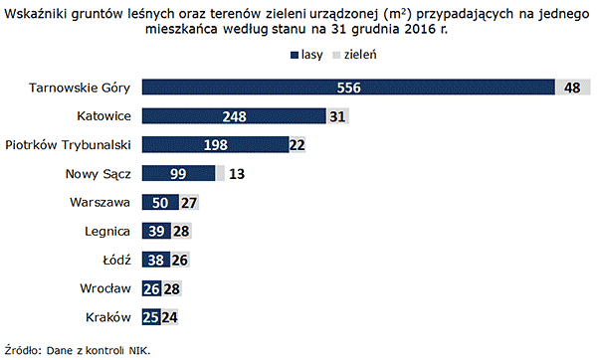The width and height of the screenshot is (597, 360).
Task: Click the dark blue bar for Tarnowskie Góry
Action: coord(348,88)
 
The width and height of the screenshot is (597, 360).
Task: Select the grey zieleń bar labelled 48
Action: coord(572,88)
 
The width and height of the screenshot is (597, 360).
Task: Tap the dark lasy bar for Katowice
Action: coord(234,116)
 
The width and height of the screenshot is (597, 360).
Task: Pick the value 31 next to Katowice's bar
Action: coord(338,116)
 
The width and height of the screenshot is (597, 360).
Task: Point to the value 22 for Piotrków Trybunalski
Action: coord(297,145)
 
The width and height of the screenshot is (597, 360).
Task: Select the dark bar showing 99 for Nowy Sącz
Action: coord(179,174)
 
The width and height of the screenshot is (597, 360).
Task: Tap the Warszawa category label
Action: coord(99,203)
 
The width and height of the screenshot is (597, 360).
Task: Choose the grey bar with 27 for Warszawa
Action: coord(188,203)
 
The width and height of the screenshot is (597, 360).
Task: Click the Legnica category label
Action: coord(107,232)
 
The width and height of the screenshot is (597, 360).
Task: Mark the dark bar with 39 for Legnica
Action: coord(156,232)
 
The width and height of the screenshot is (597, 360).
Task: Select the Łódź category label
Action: coord(115,261)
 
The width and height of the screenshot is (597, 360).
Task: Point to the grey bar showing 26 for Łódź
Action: coord(180,261)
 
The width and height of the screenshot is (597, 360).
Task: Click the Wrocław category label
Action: coord(104,289)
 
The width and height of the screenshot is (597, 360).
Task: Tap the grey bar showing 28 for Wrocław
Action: coord(172,289)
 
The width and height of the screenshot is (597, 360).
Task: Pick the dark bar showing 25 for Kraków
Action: coord(151,318)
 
